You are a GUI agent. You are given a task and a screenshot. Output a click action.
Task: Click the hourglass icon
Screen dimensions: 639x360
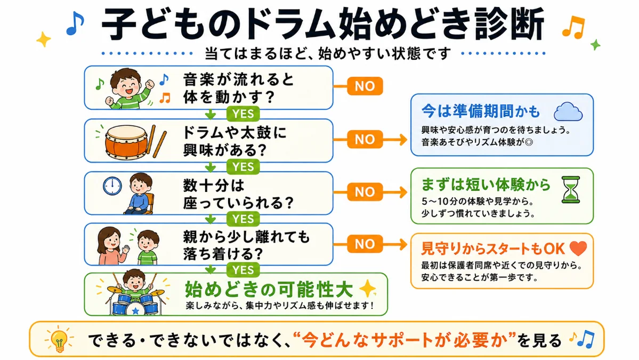(571, 189)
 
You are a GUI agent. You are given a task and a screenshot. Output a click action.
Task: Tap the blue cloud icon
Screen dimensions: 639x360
(569, 111)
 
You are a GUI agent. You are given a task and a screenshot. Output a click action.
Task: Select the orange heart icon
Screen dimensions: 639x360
(578, 248)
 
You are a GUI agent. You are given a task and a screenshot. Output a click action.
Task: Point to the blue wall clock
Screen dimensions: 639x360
(112, 186)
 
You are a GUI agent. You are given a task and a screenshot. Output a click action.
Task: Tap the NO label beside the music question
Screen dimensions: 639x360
(365, 86)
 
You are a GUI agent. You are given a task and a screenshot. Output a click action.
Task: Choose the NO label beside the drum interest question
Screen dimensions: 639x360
(365, 139)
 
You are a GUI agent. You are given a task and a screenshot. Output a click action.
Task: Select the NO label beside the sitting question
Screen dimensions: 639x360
(365, 192)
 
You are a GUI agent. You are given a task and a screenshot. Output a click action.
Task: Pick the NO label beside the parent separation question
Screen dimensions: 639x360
(365, 244)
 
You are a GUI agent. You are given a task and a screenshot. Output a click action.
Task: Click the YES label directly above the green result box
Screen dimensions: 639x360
(243, 270)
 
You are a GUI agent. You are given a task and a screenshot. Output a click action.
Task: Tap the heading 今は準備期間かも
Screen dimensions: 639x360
(481, 111)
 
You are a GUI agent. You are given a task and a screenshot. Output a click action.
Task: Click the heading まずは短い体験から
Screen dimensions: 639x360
(486, 185)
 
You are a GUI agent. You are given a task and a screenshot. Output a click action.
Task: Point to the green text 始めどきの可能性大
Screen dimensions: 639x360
(269, 290)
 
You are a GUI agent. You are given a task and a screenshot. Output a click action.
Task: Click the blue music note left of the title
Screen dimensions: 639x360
(75, 23)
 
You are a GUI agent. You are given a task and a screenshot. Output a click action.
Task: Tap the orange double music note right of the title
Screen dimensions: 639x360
(574, 27)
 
